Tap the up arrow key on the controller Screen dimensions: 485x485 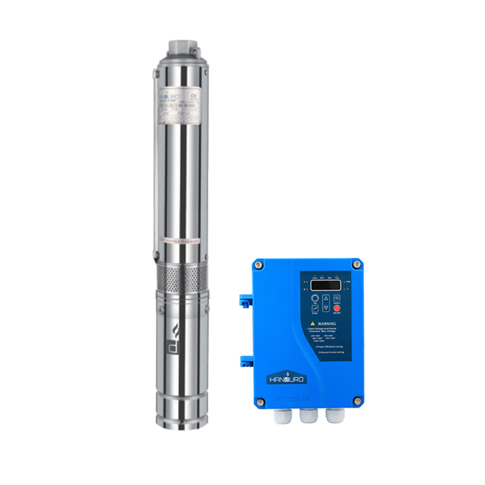[326, 298]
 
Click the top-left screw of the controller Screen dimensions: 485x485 [258, 264]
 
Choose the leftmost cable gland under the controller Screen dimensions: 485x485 [284, 416]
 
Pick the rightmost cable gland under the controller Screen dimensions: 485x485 [333, 416]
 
